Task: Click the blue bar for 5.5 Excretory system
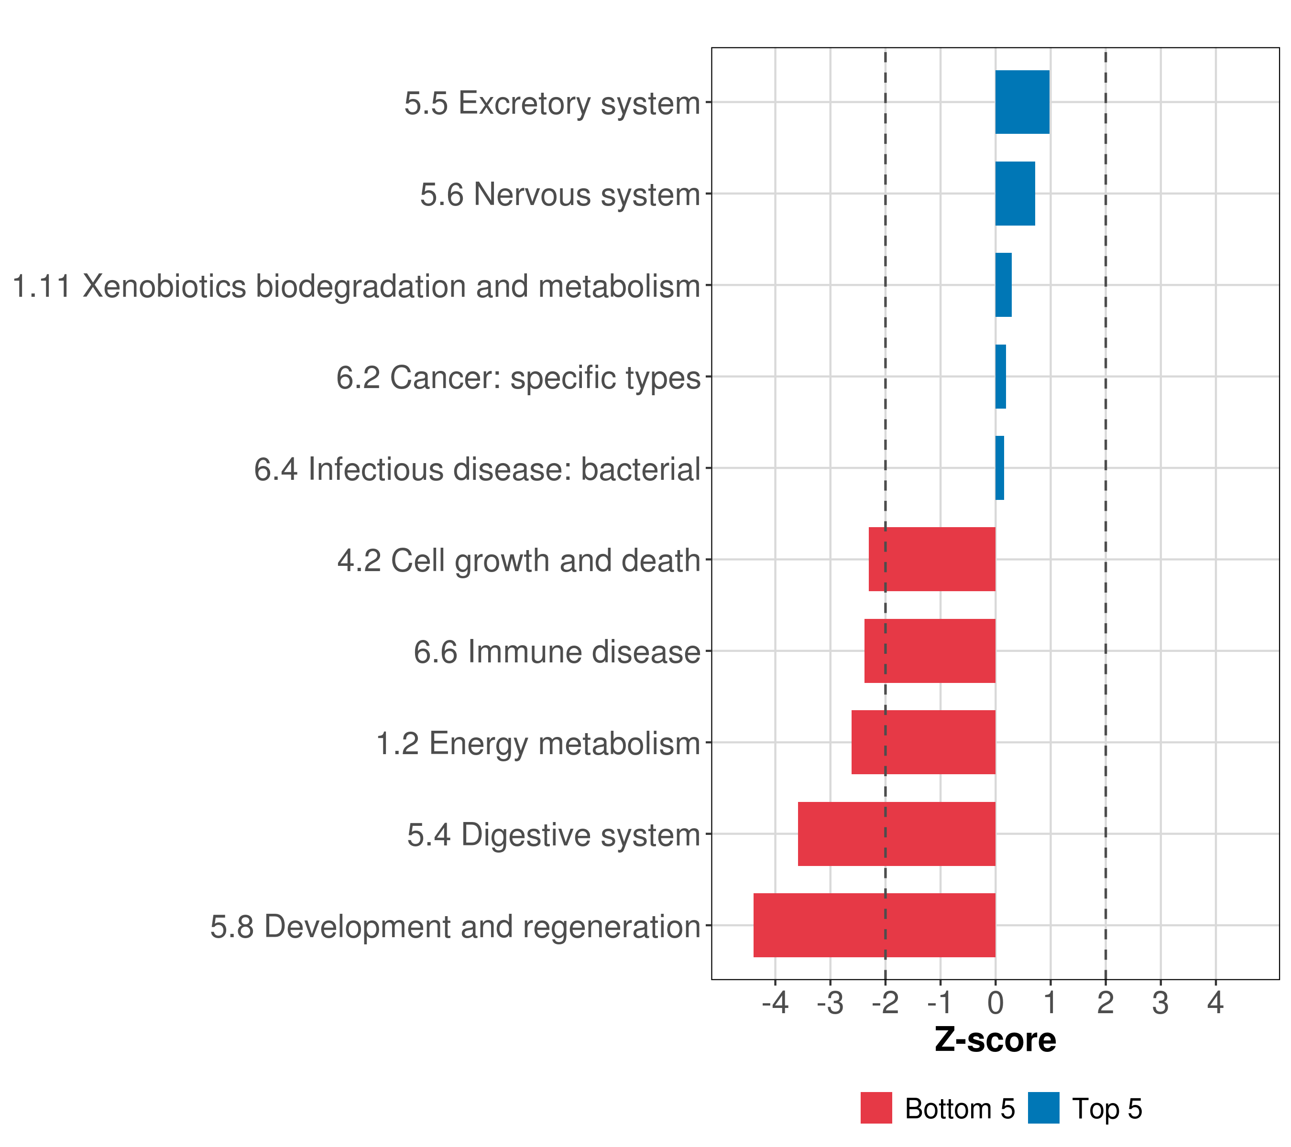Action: [x=1022, y=102]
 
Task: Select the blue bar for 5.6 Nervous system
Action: [x=1015, y=194]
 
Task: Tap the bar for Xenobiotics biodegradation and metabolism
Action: [x=1004, y=285]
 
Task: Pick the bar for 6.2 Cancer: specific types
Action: [x=1000, y=377]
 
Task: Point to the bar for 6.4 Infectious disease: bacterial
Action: [x=1000, y=468]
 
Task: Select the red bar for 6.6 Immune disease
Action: [x=930, y=651]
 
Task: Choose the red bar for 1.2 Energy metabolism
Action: [x=923, y=742]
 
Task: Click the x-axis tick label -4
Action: [x=775, y=1003]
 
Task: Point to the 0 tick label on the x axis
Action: [x=996, y=1003]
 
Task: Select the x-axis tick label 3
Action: [x=1160, y=1003]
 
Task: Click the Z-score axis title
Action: [x=996, y=1041]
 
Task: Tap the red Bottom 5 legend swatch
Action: [x=876, y=1108]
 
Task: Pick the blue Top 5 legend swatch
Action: [x=1043, y=1108]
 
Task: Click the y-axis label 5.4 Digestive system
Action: [x=553, y=835]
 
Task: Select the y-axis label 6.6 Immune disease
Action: [x=557, y=652]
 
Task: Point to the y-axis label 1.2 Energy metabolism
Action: [x=538, y=744]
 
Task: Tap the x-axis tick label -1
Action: [x=940, y=1003]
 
